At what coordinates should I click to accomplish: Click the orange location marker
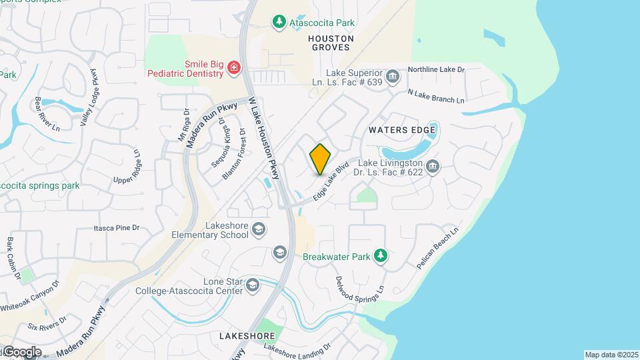point(321,159)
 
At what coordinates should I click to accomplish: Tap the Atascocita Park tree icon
point(279,23)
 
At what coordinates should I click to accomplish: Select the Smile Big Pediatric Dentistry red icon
point(233,67)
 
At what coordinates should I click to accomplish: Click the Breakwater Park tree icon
point(380,255)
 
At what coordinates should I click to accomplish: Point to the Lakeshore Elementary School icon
point(259,230)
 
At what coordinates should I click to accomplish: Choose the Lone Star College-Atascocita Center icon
point(252,285)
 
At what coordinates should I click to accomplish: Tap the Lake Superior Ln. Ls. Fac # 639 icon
point(393,77)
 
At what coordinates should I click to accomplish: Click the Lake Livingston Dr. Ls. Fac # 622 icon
point(433,166)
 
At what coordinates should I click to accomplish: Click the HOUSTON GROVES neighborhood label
point(331,43)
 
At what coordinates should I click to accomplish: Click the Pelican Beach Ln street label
point(439,248)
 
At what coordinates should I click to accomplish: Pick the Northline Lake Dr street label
point(436,69)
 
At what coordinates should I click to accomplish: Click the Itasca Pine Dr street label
point(117,228)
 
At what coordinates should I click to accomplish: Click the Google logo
point(21,351)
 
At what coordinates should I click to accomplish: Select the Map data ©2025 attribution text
point(611,355)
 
